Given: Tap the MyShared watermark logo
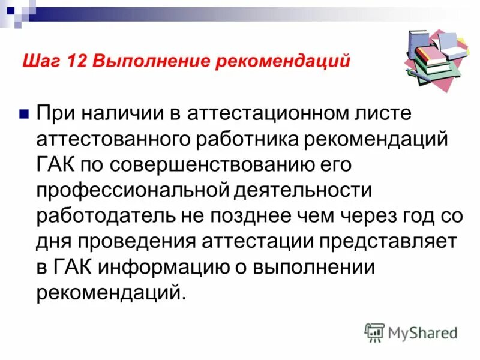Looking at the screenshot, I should tap(412, 331).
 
